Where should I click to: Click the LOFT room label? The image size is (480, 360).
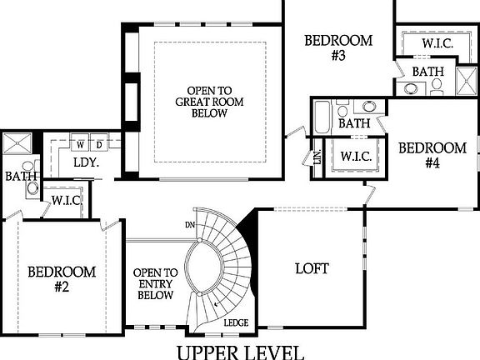coord(312,268)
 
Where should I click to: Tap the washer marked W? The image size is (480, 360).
coord(80,142)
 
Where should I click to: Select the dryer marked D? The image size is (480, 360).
coord(99,142)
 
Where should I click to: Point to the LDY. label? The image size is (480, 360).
coord(87,162)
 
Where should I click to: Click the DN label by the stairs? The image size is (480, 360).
coord(190,225)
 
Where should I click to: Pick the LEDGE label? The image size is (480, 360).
coord(236,322)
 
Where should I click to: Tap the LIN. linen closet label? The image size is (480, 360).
coord(317,157)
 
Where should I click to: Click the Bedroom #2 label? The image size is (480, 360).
coord(62,279)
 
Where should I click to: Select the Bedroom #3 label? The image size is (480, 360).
coord(338,48)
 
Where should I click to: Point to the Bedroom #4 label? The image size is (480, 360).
coord(432,156)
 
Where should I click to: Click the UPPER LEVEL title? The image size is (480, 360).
coord(241,352)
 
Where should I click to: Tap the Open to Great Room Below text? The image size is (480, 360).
coord(210,102)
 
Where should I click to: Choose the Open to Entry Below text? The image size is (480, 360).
coord(156,284)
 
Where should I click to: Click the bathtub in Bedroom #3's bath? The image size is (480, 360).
coord(322,117)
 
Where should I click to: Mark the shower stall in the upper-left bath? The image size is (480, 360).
coord(17,143)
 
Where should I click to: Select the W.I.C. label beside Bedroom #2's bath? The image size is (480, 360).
coord(67,201)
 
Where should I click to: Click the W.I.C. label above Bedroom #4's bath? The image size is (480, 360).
coord(437,43)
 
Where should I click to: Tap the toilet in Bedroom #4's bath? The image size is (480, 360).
coord(437,86)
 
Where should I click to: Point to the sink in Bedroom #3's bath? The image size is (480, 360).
coord(369,106)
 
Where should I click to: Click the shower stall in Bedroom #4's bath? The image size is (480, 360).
coord(466,81)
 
